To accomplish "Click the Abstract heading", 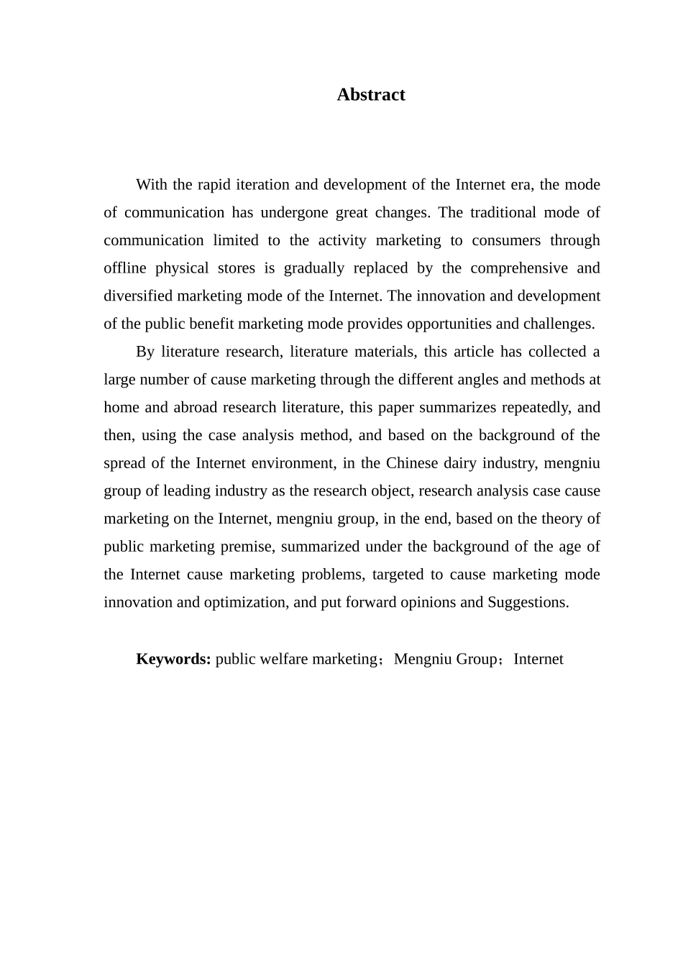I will [371, 95].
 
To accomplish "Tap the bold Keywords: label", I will [173, 659].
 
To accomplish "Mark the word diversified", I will [138, 296].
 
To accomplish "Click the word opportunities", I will [448, 324].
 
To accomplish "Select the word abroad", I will [196, 407].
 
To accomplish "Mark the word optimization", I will [244, 602].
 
